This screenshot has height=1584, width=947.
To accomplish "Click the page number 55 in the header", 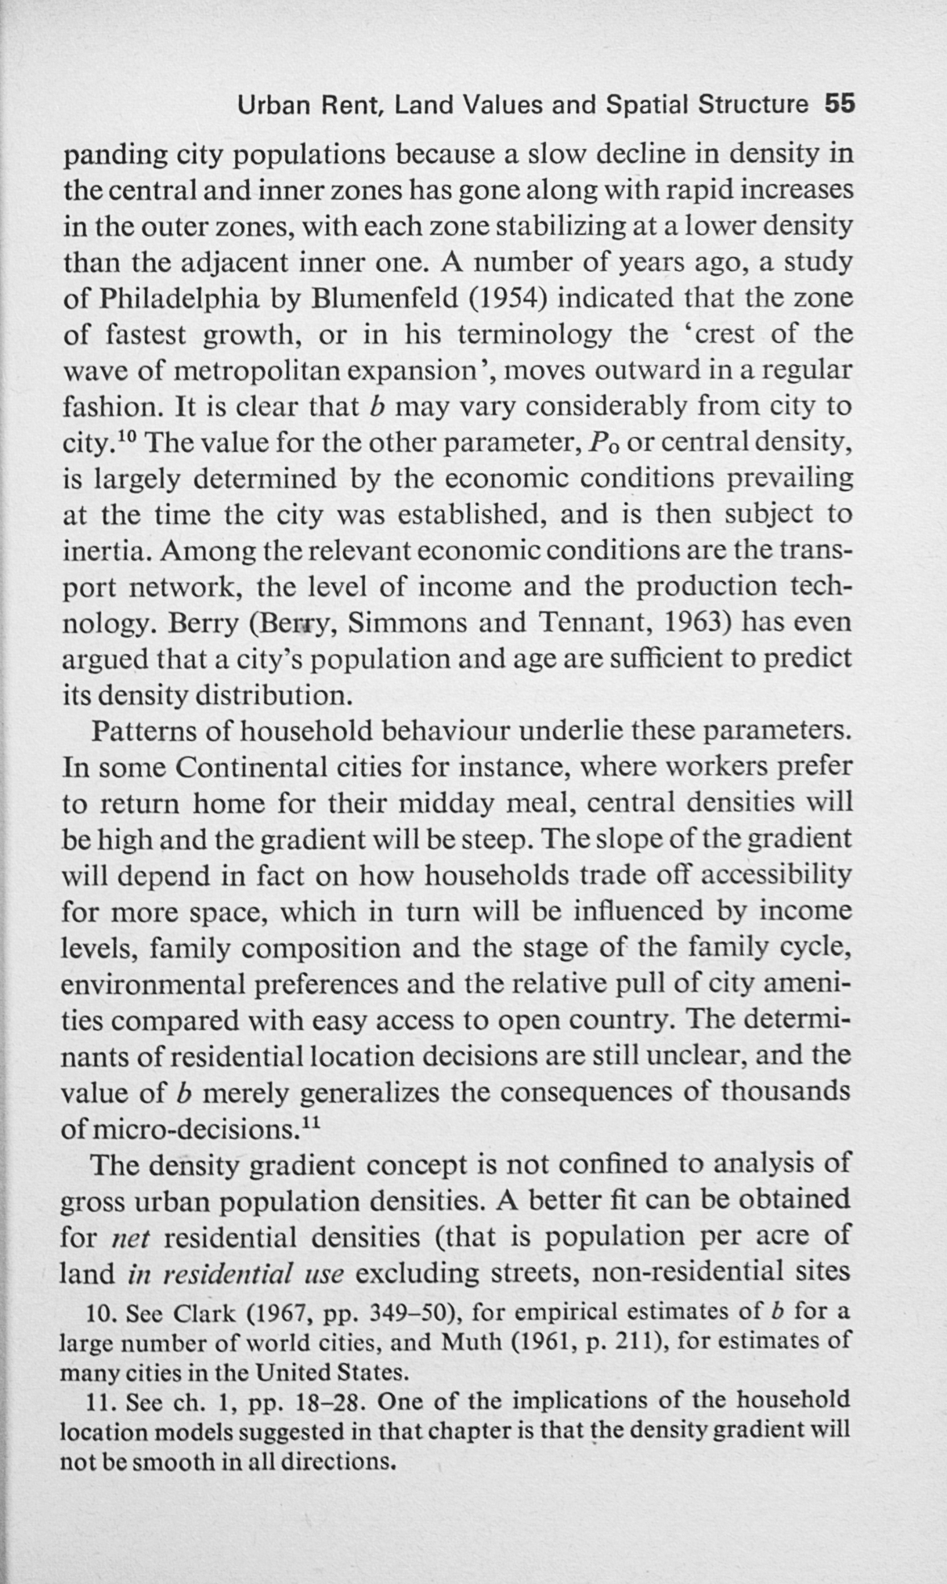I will pyautogui.click(x=839, y=105).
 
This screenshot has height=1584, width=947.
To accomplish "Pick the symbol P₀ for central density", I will pyautogui.click(x=605, y=443).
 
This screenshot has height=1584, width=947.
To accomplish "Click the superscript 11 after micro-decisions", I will pyautogui.click(x=311, y=1123).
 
